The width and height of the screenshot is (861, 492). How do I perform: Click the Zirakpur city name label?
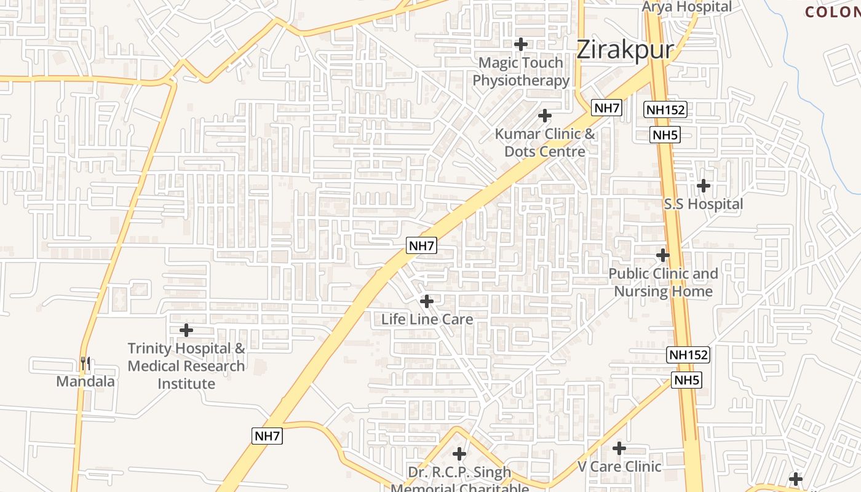(x=625, y=50)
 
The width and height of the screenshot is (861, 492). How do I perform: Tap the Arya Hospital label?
(x=687, y=7)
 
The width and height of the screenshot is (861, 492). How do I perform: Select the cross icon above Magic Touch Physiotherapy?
(x=521, y=44)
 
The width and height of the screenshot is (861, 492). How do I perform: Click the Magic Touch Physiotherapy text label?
(x=521, y=71)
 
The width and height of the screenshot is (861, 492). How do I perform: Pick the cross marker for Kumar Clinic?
(x=545, y=116)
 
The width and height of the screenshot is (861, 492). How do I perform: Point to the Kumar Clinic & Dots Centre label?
(x=545, y=143)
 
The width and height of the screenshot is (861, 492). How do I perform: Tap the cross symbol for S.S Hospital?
(x=704, y=185)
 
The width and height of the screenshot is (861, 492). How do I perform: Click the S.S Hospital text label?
(x=704, y=204)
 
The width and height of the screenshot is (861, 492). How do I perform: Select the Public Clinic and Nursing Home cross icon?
(x=663, y=255)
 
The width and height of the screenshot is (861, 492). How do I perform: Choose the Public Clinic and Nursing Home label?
(x=663, y=283)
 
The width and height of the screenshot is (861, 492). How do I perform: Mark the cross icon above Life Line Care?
(x=427, y=301)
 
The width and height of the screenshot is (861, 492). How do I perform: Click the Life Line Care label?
(x=427, y=319)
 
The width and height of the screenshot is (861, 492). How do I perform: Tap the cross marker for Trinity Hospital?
(x=186, y=330)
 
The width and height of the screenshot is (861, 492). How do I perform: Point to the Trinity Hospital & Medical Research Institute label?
(x=186, y=366)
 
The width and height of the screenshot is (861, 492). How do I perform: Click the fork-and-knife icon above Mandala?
(x=85, y=363)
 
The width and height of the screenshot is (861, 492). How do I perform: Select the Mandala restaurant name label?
(x=85, y=381)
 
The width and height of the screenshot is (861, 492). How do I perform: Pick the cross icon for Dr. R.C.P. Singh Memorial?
(x=459, y=454)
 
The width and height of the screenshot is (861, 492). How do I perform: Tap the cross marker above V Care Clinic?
(x=619, y=448)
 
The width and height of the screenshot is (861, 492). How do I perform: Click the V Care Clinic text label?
(x=619, y=466)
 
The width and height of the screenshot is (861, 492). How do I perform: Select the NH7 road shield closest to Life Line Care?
(x=422, y=245)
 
